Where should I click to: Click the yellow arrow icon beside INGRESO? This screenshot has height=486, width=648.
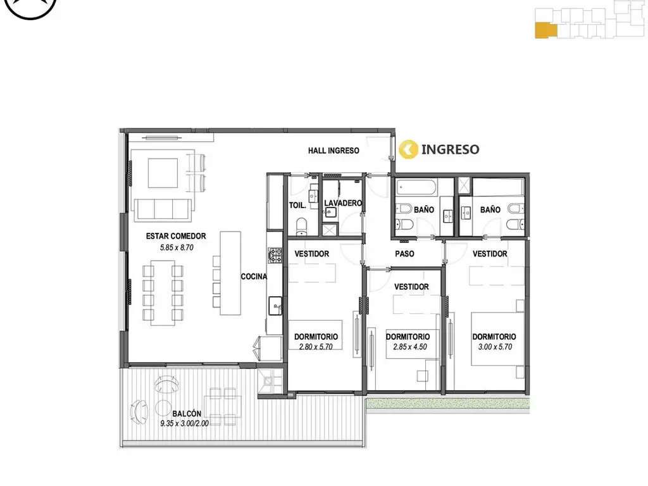pos(408,149)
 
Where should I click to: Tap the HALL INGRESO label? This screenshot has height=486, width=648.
pos(333,151)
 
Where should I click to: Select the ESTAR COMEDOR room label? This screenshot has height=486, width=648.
pos(176,236)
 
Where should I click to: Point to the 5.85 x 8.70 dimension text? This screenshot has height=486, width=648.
pos(177,247)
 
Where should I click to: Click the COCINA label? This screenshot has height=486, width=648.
pos(254,277)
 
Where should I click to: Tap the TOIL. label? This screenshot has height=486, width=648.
pos(297,205)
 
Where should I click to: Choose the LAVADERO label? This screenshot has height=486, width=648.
pos(343,203)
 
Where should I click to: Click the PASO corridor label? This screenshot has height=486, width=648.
pos(404,254)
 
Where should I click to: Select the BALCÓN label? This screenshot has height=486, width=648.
pos(187,413)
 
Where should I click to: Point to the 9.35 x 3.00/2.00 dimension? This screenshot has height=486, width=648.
pos(184,423)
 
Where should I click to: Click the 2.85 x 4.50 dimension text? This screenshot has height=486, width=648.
pos(410,347)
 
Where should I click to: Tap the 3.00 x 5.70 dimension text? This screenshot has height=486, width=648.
pos(495,347)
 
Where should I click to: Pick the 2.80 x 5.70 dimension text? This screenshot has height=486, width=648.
pos(316,347)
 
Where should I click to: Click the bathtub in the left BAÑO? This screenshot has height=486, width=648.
pos(416,188)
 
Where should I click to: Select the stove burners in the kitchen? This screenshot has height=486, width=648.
pos(275,256)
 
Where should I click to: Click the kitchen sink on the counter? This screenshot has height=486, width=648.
pos(275,306)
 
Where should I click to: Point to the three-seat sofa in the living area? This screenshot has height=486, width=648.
pos(163,209)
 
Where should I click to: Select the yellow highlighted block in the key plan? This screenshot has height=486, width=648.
pos(546,30)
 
